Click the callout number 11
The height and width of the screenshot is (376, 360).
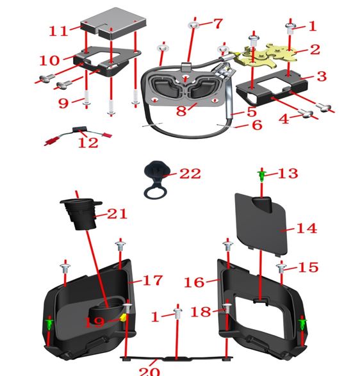58,31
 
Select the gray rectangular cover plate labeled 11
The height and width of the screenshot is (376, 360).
113,23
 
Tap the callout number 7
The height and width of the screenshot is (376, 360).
218,24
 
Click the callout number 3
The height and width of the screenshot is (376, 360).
322,76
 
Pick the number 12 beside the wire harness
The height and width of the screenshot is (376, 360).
88,142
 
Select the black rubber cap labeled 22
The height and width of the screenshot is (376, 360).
157,179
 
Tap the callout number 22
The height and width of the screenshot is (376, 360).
190,174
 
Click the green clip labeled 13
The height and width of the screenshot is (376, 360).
262,176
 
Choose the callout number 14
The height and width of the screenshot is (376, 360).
307,228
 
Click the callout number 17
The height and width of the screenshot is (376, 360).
152,280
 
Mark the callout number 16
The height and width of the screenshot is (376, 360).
194,282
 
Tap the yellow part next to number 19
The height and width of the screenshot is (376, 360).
123,317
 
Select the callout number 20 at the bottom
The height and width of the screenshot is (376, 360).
149,371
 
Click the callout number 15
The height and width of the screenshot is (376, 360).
308,267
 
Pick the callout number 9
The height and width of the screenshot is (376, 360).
63,103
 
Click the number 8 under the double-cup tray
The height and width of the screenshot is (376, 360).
181,111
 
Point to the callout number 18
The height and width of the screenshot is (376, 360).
201,312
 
